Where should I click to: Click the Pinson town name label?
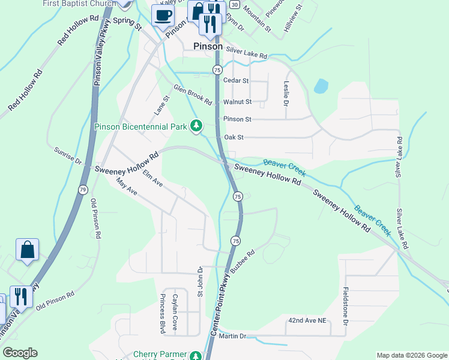click(208, 46)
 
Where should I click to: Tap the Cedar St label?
click(235, 80)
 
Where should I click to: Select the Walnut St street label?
click(237, 102)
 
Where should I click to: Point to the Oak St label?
click(234, 137)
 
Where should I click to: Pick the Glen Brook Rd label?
click(193, 94)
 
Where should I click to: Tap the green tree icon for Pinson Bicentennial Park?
click(195, 126)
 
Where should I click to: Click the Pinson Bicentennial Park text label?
click(141, 127)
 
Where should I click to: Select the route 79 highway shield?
click(83, 190)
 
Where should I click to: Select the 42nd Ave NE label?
click(307, 321)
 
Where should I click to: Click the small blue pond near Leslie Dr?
click(321, 86)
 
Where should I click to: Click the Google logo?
click(20, 353)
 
